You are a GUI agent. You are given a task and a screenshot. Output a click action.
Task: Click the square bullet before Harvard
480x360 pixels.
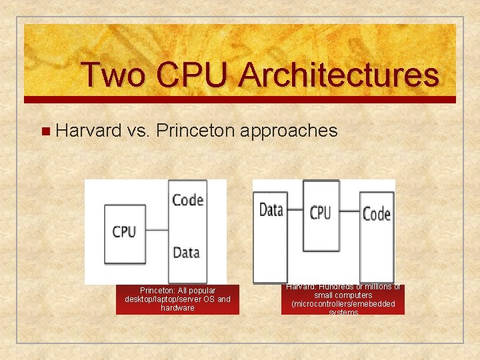pos(45,131)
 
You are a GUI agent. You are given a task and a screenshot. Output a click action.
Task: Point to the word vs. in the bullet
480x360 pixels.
pos(138,130)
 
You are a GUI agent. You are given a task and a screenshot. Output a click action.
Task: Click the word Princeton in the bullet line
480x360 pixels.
pos(196,130)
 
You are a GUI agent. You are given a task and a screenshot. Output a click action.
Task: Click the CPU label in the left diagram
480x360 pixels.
pos(124,231)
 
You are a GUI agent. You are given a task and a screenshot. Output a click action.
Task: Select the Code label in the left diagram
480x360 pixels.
pos(187,199)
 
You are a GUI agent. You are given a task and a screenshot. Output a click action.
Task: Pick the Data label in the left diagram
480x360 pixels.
pos(186,252)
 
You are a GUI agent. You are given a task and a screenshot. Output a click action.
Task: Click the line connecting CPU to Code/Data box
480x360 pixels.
pos(157,231)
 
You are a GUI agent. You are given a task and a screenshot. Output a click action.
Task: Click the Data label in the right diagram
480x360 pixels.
pos(271,211)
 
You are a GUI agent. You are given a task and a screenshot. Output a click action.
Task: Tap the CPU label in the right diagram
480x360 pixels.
pos(320,213)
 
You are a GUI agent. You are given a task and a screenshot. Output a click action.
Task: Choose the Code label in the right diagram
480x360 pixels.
pos(376,214)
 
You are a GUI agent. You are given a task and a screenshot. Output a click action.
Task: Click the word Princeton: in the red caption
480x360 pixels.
pos(157,291)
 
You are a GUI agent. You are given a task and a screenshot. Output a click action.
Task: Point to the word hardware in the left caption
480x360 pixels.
pos(177,308)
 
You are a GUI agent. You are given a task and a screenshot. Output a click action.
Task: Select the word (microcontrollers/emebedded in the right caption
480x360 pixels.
pos(343,304)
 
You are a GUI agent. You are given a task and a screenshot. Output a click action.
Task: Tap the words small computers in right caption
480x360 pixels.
pos(343,295)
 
